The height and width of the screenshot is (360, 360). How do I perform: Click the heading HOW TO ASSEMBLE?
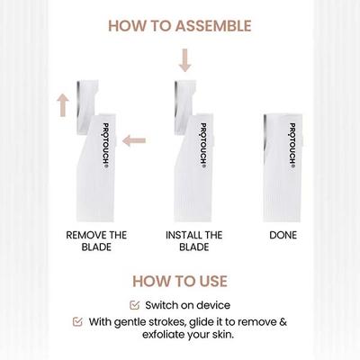180,25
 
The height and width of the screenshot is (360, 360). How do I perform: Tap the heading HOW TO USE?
180,281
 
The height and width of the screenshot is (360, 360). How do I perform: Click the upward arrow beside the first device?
63,103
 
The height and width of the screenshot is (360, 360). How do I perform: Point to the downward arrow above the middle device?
184,60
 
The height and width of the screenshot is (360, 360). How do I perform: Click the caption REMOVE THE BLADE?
96,240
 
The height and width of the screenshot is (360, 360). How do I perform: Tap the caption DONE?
283,234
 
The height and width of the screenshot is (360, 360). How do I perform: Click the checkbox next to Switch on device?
135,304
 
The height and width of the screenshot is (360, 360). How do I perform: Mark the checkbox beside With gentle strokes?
77,321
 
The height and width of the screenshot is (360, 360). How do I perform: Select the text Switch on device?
188,304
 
